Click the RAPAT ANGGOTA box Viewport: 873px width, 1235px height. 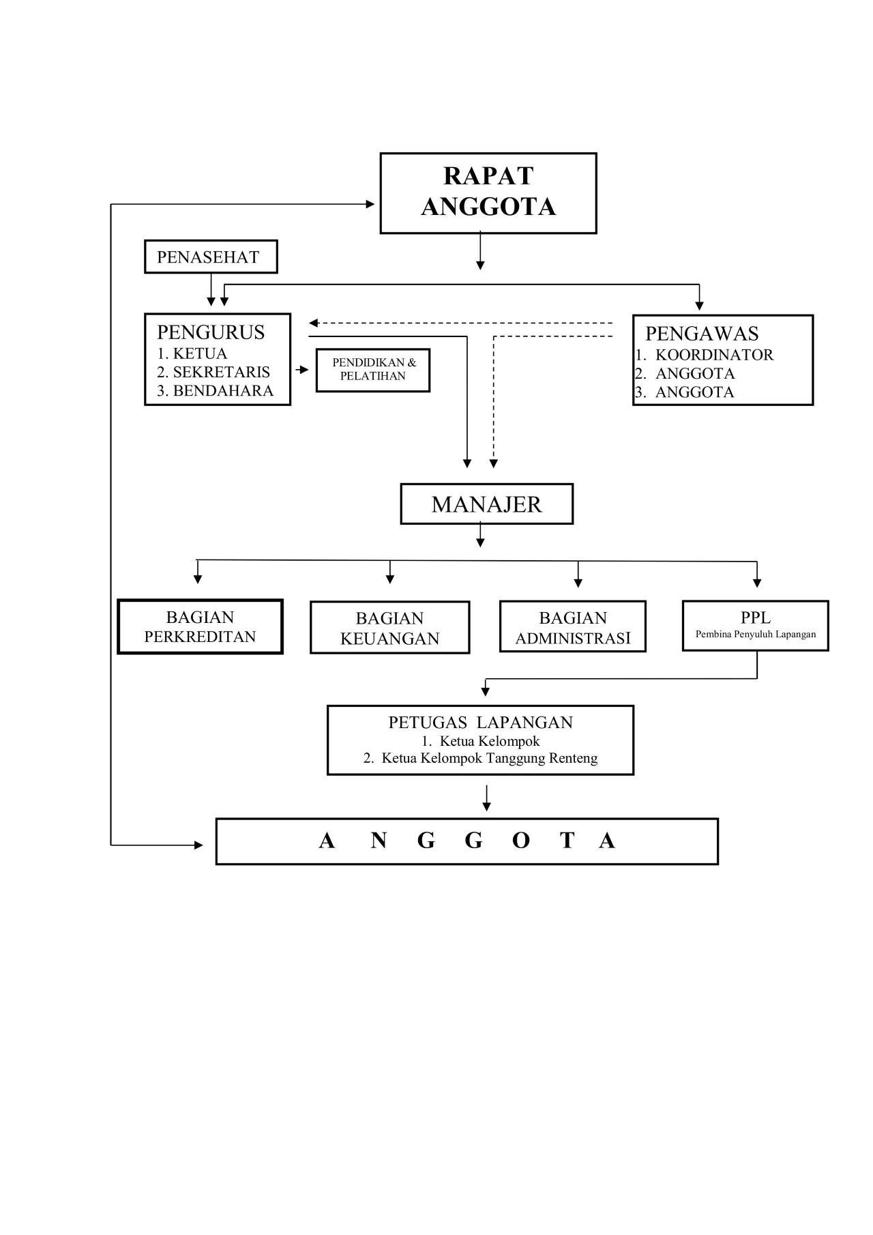pos(488,193)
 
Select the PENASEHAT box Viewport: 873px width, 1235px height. pos(211,257)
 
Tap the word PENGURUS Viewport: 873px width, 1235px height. pos(211,332)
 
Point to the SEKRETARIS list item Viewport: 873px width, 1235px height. pos(213,372)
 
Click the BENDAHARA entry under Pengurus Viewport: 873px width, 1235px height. pos(215,390)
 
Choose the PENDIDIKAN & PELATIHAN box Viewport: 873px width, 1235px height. pos(373,370)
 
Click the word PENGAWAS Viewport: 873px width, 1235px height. pos(702,334)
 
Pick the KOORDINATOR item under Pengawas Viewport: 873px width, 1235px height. pos(705,355)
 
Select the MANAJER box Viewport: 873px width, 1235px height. pos(487,504)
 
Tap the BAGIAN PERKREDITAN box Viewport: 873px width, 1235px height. pos(200,627)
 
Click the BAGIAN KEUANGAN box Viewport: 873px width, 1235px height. pos(390,628)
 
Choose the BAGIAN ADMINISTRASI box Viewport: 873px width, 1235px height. pos(573,627)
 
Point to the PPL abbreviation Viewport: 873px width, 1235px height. pos(756,617)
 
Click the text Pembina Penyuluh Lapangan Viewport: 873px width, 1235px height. pos(756,634)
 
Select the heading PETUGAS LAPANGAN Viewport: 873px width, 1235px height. pos(481,722)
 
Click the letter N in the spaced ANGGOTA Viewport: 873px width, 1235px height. pos(379,841)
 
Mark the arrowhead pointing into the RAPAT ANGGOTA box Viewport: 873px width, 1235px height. pos(370,204)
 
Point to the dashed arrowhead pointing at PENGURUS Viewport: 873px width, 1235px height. pos(313,323)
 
